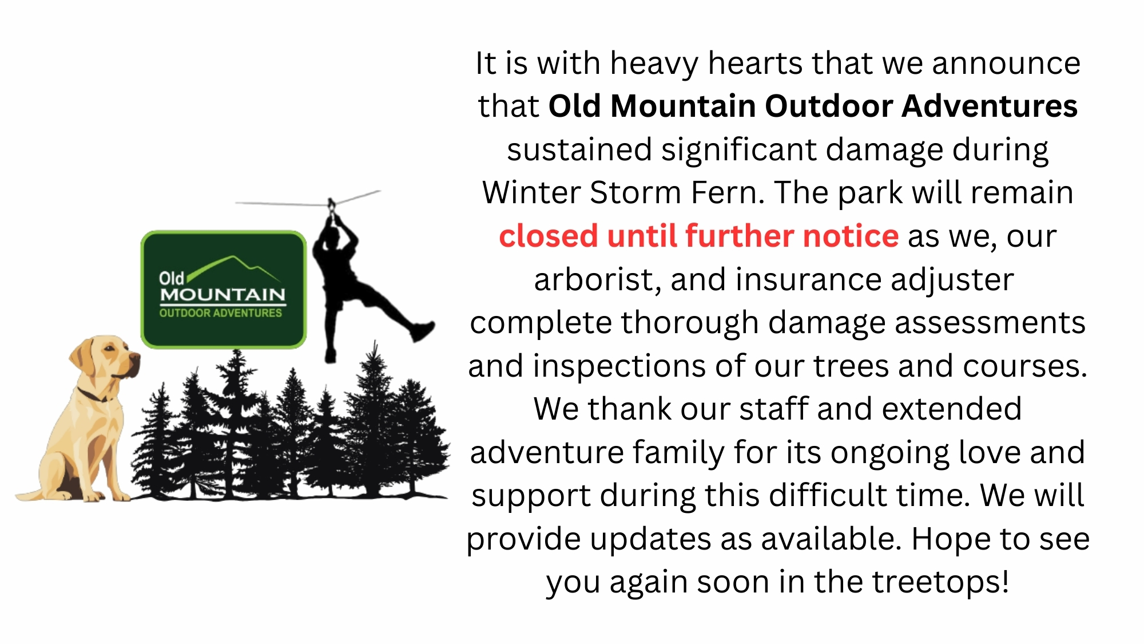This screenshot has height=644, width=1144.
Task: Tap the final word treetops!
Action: pos(940,582)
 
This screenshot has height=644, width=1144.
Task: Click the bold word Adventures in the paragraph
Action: pos(990,106)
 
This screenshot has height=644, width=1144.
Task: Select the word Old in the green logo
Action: pos(171,278)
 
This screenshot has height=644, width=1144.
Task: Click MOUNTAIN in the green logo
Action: pos(223,295)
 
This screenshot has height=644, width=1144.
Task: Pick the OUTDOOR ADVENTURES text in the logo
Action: pos(221,313)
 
